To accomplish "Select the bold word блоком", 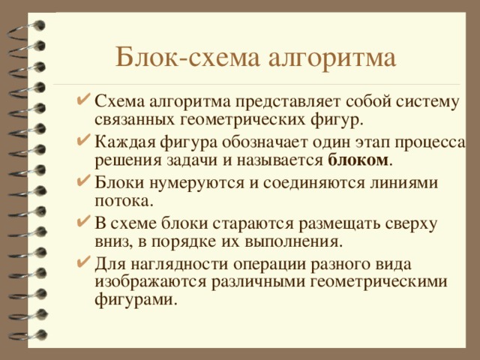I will pyautogui.click(x=358, y=160).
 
